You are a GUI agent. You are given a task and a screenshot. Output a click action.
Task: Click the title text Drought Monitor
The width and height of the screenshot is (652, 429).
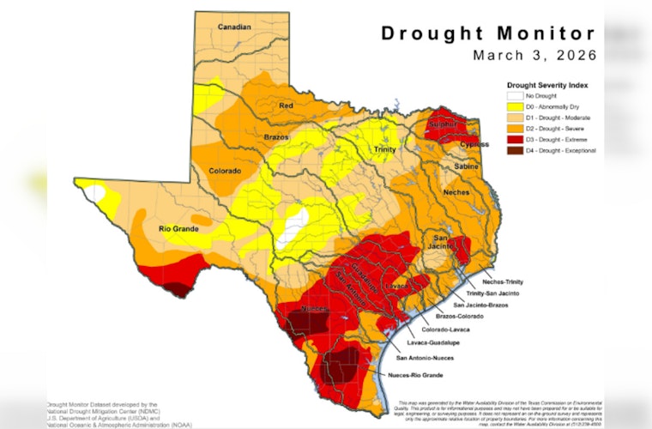point(487,33)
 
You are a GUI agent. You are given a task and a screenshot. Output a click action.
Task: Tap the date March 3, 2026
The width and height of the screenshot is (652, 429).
point(533,55)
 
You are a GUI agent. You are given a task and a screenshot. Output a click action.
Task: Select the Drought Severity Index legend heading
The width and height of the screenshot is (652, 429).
point(546,85)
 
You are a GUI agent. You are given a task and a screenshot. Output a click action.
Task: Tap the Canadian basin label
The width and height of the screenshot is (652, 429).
point(233,27)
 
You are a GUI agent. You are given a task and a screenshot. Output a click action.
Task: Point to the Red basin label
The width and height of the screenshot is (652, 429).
point(287,106)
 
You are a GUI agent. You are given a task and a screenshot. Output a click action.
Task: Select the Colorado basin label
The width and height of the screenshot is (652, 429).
point(224,171)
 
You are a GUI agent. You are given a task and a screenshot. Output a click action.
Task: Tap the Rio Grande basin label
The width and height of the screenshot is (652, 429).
point(178,229)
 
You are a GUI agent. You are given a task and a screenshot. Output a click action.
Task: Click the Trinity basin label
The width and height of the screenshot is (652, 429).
point(384,150)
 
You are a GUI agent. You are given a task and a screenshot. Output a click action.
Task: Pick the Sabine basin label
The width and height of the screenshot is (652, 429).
point(466,166)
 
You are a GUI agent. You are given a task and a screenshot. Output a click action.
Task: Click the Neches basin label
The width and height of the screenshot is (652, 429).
point(456,192)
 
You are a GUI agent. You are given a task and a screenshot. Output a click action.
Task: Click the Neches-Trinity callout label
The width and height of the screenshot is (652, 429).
point(503,281)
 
